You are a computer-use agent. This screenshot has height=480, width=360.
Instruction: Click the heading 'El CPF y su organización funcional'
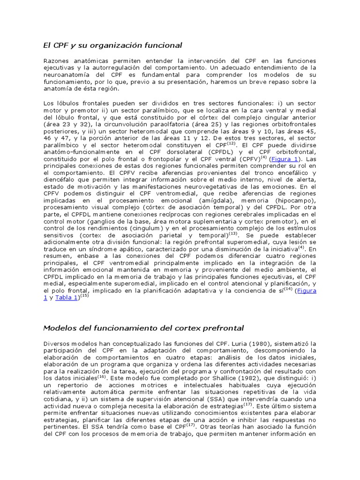point(112,45)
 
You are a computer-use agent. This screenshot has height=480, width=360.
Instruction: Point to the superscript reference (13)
point(233,233)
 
